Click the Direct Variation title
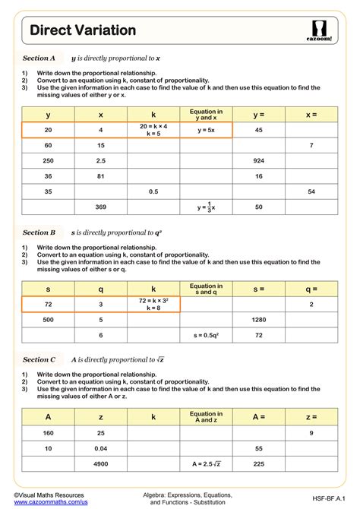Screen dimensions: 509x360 point(83,30)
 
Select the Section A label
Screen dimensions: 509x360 point(39,58)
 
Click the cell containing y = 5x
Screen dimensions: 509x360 point(206,130)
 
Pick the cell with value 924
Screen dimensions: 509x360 point(258,160)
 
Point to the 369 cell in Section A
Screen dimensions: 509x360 point(100,207)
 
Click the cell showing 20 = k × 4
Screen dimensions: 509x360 point(153,130)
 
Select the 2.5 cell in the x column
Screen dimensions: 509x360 point(100,160)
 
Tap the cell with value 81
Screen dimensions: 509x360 point(100,175)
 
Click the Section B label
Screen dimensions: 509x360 point(39,232)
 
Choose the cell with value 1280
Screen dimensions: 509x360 point(258,320)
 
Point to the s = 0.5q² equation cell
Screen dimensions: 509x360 point(206,335)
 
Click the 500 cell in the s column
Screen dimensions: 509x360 point(48,320)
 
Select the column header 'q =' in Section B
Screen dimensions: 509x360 point(311,289)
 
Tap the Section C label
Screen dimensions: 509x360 point(39,359)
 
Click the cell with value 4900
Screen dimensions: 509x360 point(100,463)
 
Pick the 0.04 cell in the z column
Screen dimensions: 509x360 point(100,448)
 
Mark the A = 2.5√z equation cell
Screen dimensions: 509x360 point(206,463)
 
